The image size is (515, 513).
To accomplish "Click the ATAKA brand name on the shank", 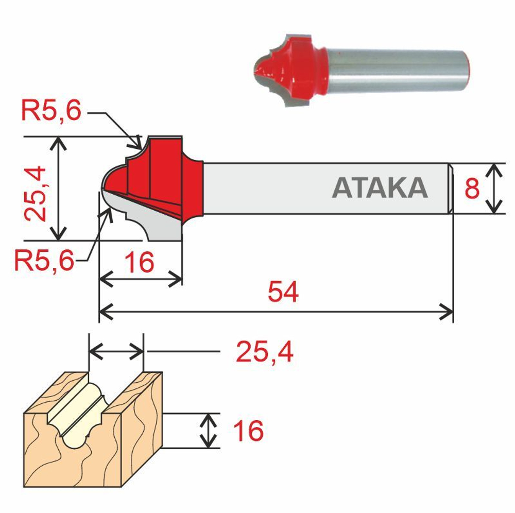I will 380,188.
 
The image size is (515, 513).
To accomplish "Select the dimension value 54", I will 283,293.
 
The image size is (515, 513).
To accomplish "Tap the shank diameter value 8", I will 472,189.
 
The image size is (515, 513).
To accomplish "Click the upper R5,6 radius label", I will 51,112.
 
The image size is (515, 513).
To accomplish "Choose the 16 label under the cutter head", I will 140,263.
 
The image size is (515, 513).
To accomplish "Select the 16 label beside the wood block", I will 248,431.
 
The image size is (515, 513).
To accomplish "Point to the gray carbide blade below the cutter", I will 154,221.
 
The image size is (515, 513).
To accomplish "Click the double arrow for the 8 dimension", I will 494,189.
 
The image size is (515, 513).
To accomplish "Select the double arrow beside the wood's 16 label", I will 208,431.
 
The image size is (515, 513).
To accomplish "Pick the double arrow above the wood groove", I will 116,352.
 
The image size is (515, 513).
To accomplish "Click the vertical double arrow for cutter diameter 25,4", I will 60,189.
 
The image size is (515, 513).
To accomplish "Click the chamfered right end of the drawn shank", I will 450,189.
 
